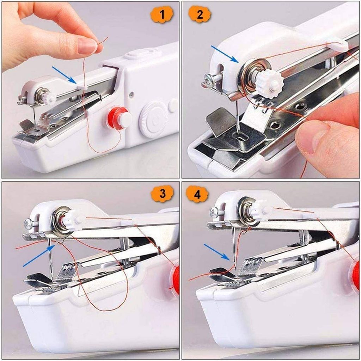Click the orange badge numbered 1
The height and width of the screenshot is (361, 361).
click(162, 15)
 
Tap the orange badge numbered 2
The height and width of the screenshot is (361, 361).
click(200, 15)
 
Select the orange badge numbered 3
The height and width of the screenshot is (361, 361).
click(162, 194)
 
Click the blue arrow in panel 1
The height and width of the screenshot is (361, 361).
click(64, 75)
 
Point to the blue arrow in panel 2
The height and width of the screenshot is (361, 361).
click(225, 54)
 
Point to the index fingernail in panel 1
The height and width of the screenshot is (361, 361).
click(87, 46)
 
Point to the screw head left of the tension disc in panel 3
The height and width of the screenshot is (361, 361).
click(28, 223)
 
